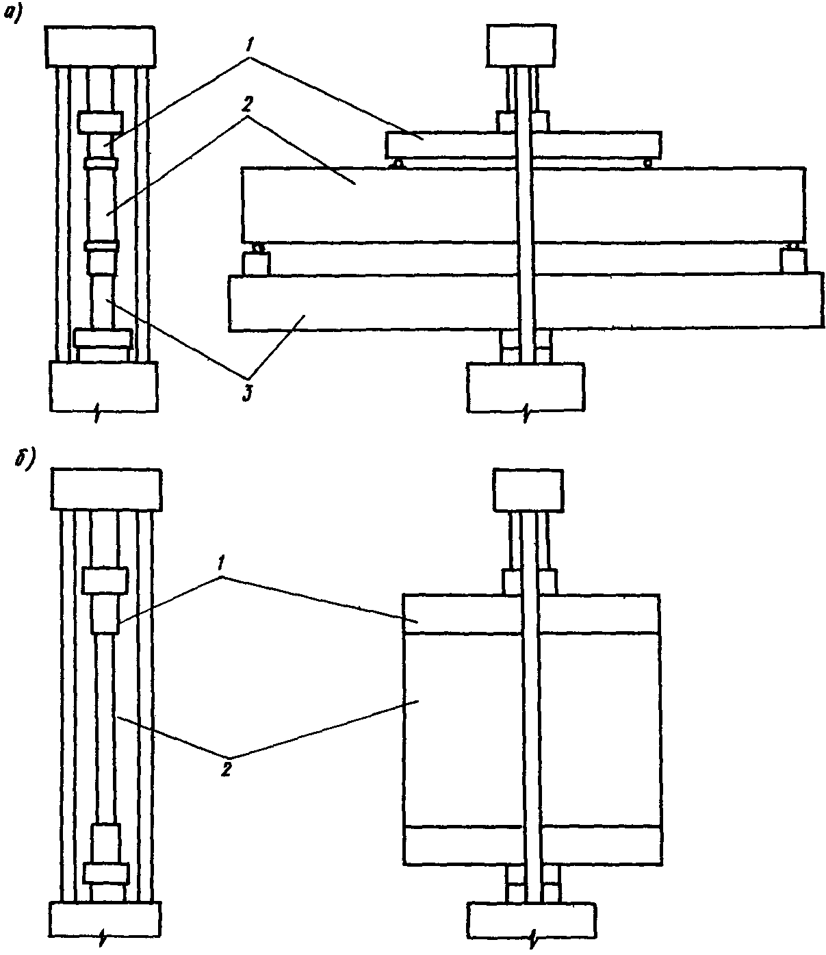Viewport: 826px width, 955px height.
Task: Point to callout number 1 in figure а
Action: (x=250, y=45)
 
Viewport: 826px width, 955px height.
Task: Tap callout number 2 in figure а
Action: (x=246, y=106)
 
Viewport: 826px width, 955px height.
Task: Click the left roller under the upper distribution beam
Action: (x=398, y=163)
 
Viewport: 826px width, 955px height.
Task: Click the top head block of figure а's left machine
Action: (x=100, y=47)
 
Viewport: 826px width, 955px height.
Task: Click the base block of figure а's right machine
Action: (x=526, y=387)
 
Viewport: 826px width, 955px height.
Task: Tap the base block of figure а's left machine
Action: (x=103, y=386)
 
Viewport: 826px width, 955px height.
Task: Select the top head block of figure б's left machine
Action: (x=106, y=489)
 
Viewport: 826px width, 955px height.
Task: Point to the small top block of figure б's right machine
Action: (x=528, y=491)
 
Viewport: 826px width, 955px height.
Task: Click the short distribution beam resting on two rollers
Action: (x=524, y=145)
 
